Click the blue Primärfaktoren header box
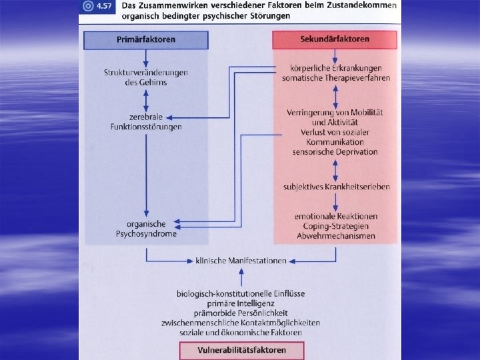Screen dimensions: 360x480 (146, 40)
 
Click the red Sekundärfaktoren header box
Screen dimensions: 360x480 (335, 40)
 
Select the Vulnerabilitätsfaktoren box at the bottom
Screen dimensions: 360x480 (241, 351)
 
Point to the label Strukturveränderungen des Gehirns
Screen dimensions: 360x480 (145, 77)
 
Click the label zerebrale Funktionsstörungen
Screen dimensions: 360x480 (146, 122)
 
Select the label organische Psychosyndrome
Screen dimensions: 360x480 (146, 229)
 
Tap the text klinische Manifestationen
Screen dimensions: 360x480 (241, 261)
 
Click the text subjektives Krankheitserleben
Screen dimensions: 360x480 (335, 187)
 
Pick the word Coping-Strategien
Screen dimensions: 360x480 (335, 226)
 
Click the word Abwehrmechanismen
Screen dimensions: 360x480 (335, 235)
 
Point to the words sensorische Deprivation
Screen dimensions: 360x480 (335, 151)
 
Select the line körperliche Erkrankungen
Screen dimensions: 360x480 (335, 69)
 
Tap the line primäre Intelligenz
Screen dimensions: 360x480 (240, 303)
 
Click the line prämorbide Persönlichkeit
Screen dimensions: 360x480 (240, 313)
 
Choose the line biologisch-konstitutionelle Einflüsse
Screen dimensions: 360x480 (240, 293)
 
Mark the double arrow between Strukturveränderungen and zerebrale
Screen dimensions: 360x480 (146, 97)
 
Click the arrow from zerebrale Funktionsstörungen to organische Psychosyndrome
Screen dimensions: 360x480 (146, 173)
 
